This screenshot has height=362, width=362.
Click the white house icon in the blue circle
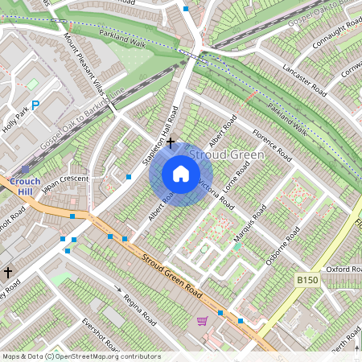point(181,174)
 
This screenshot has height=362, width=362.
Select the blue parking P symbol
point(35,104)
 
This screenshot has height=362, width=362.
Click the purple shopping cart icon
point(201,321)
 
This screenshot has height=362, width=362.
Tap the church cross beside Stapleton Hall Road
point(170,142)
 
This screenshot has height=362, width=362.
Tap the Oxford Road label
point(343,269)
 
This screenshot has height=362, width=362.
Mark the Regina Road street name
point(138,306)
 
